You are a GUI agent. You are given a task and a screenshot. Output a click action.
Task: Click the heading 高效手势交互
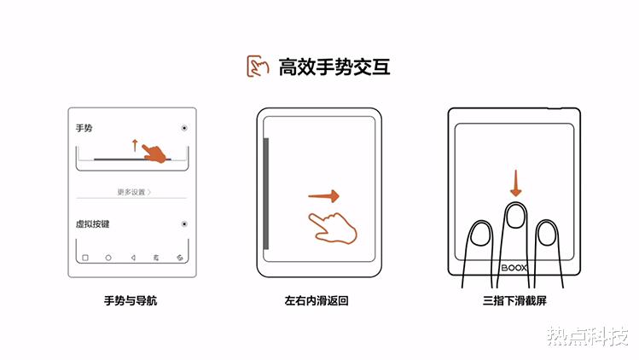(334, 67)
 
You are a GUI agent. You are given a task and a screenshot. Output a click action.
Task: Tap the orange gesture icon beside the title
(258, 67)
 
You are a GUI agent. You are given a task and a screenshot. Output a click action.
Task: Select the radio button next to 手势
(184, 128)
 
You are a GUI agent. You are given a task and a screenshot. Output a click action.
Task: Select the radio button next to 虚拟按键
(184, 224)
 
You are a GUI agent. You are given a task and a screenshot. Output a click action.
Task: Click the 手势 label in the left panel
(84, 128)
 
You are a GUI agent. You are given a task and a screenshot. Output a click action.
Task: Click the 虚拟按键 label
(93, 224)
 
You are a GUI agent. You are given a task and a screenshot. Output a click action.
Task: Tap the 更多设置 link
(133, 192)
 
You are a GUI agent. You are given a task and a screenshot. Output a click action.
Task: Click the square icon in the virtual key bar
(85, 257)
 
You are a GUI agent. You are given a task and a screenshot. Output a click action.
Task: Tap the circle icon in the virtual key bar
(108, 257)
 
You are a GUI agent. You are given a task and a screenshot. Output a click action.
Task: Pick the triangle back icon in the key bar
(132, 257)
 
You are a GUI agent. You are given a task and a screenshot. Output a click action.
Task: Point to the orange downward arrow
(514, 182)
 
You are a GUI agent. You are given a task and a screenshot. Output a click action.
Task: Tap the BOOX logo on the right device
(514, 266)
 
